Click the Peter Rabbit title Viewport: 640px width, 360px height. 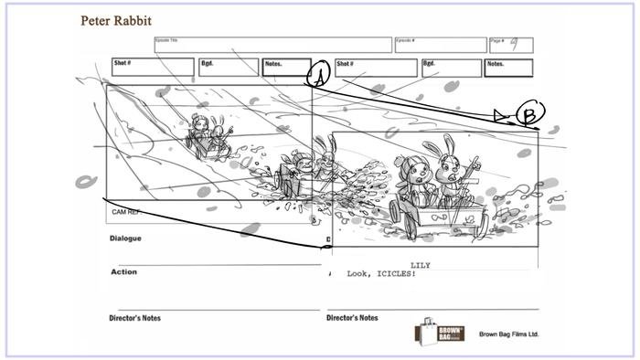[x=116, y=21]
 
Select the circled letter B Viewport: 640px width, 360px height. [x=530, y=113]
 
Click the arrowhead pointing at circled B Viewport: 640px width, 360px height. [x=499, y=115]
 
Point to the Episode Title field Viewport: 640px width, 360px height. [x=272, y=45]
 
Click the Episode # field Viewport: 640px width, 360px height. [x=440, y=45]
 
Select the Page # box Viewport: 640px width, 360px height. [x=511, y=45]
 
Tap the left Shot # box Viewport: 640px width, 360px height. [x=154, y=67]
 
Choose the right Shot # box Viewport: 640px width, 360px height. [x=376, y=68]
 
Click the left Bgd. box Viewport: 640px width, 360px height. [x=229, y=67]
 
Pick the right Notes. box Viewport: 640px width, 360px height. [x=508, y=68]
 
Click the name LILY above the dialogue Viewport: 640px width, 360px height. [x=421, y=265]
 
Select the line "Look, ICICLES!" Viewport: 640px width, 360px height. [x=381, y=274]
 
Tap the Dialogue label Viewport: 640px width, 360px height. [x=126, y=238]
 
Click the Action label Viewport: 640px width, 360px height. [x=123, y=271]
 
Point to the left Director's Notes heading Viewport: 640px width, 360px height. [x=135, y=318]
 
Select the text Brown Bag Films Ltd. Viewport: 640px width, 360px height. [x=509, y=334]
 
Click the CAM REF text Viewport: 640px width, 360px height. [x=125, y=212]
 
